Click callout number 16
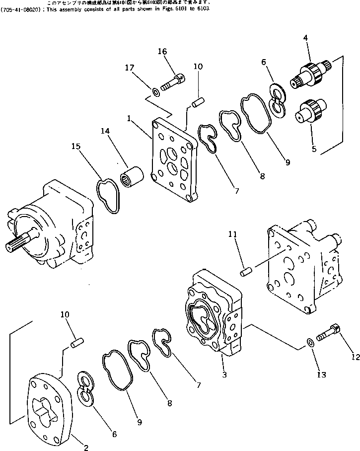162,52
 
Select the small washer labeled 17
155,91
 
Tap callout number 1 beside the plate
129,119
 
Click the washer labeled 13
310,342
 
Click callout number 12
354,357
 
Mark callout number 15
75,148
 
